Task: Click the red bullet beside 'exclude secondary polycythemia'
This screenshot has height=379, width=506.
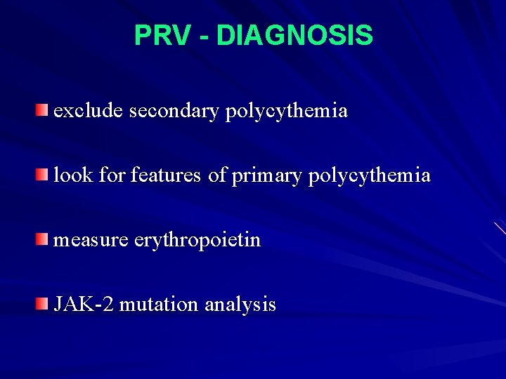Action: click(44, 110)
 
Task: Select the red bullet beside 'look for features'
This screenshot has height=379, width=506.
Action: click(44, 175)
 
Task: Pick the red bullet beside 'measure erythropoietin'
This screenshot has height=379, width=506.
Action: click(44, 240)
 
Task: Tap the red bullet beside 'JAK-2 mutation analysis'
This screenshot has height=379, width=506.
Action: click(44, 305)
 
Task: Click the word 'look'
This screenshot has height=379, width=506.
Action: click(73, 175)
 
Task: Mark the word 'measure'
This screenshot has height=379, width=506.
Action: click(91, 241)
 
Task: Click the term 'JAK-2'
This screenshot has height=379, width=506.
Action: click(84, 305)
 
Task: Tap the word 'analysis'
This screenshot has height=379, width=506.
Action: click(240, 305)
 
